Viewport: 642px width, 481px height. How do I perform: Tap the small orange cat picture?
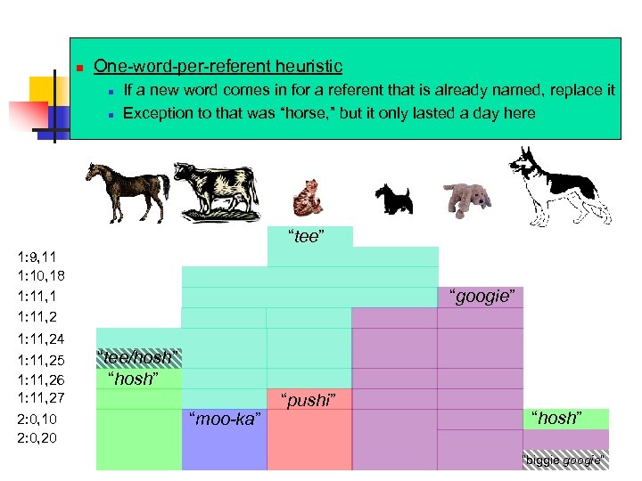coord(308,197)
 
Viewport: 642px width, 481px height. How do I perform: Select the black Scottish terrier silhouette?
coord(391,200)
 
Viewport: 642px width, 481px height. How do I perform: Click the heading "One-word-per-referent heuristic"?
coord(218,66)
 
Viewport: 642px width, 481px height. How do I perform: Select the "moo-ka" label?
coord(225,418)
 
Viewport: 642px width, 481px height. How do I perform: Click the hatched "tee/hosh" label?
coord(138,357)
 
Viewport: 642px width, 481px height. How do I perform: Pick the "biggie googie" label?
coord(564,461)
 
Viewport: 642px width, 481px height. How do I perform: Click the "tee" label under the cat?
coord(306,236)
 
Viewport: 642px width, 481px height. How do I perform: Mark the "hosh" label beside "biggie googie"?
coord(556,418)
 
